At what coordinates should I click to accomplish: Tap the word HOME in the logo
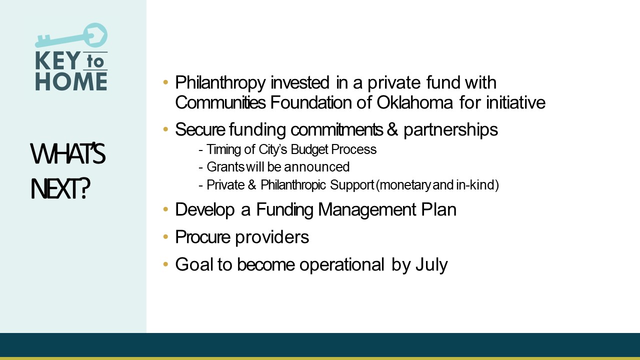[x=71, y=81]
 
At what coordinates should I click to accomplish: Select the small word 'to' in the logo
[x=95, y=61]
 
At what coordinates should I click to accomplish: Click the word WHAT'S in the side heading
[x=68, y=154]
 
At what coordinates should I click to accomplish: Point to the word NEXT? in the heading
[x=60, y=188]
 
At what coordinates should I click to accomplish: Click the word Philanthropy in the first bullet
[x=220, y=83]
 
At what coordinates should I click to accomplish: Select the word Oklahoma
[x=414, y=102]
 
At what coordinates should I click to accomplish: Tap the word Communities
[x=220, y=102]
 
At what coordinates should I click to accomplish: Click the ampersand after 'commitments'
[x=392, y=129]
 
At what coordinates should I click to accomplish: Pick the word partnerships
[x=450, y=130]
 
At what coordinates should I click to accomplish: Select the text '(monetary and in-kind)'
[x=437, y=185]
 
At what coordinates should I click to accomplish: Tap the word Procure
[x=202, y=237]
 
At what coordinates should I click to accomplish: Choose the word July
[x=431, y=265]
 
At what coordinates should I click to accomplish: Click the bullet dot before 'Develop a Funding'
[x=165, y=209]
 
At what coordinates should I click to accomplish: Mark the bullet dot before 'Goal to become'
[x=165, y=264]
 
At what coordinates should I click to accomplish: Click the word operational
[x=341, y=265]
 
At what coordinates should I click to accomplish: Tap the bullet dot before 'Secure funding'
[x=165, y=129]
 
